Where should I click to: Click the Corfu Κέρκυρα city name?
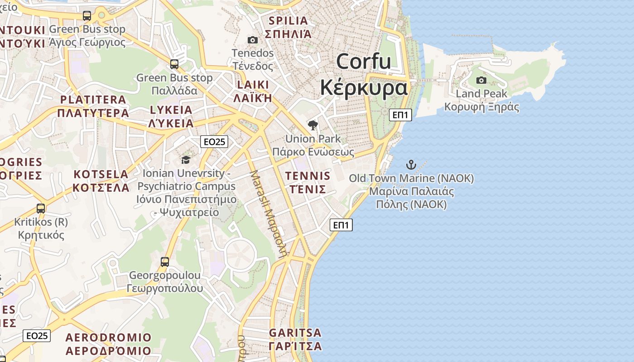[x=364, y=75]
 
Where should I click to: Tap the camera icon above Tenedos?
[x=253, y=40]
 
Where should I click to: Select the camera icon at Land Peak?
[x=481, y=81]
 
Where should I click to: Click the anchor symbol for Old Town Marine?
[x=411, y=164]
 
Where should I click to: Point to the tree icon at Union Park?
[x=312, y=125]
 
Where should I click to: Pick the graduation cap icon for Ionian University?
[x=186, y=160]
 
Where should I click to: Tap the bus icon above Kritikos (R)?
[x=41, y=209]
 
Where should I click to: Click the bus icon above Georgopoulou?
[x=165, y=262]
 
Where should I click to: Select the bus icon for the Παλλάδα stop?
[x=174, y=64]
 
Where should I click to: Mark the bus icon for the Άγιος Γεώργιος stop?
[x=87, y=16]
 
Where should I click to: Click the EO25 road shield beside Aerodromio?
[x=37, y=336]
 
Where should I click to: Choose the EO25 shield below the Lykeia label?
[x=214, y=142]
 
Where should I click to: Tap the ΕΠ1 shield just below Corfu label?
[x=400, y=115]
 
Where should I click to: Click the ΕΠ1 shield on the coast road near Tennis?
[x=341, y=225]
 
